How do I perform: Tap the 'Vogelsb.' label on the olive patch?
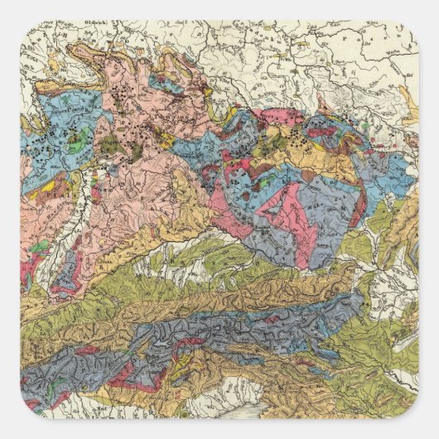click(x=109, y=147)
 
